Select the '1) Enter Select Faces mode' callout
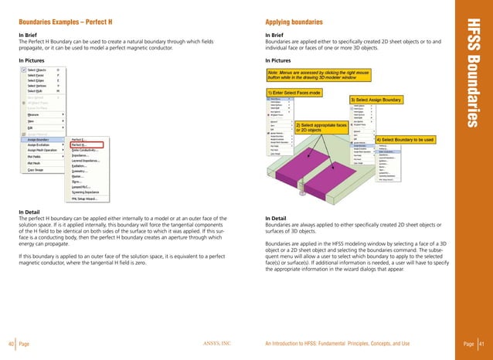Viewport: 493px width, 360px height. (x=297, y=93)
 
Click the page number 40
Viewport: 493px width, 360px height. (x=11, y=342)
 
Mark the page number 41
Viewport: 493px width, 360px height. (x=480, y=342)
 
